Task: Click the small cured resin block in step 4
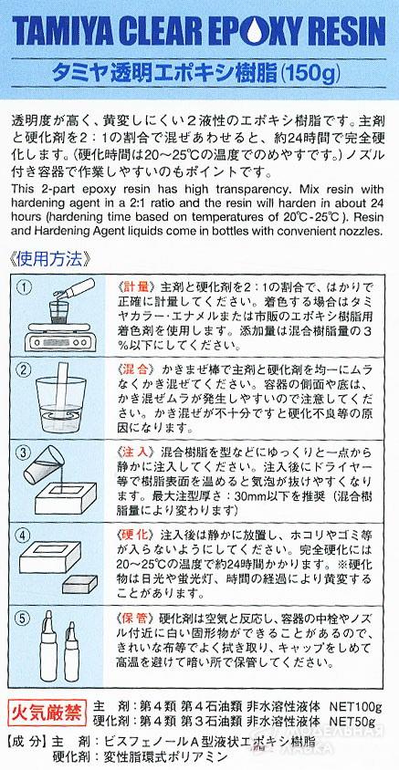(x=79, y=583)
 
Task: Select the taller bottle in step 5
(x=48, y=645)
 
